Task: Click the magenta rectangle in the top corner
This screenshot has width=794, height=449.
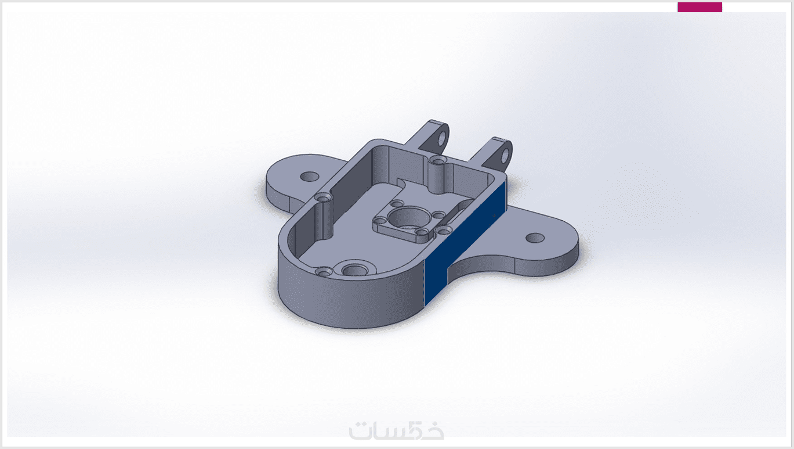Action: pos(699,7)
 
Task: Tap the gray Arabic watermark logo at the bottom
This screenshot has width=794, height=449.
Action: pos(397,430)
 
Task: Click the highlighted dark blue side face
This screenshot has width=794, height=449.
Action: pos(465,243)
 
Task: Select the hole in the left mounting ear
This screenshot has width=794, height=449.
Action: pos(310,177)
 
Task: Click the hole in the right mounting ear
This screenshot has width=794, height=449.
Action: pos(535,238)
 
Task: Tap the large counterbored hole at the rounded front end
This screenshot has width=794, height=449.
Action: pos(356,271)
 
